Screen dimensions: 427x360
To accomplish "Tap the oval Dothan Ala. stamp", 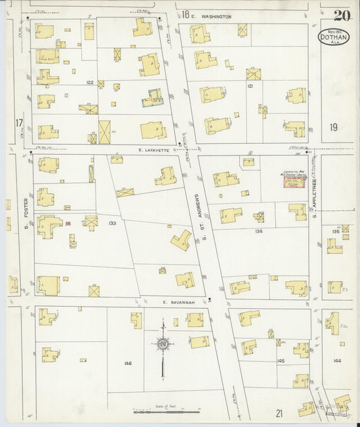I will tap(334, 36).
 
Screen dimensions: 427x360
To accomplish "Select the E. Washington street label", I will tap(211, 16).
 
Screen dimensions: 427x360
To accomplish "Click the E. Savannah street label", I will tap(178, 302).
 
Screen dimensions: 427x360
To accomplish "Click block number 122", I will tap(89, 82).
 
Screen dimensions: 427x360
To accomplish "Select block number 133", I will tap(112, 223).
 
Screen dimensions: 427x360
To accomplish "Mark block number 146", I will tap(128, 363).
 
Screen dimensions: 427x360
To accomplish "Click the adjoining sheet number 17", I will tap(20, 122).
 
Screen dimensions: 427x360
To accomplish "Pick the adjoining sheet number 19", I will tap(334, 126).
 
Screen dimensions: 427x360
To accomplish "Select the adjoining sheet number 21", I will tap(279, 413).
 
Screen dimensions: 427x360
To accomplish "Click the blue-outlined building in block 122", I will tap(153, 99).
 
